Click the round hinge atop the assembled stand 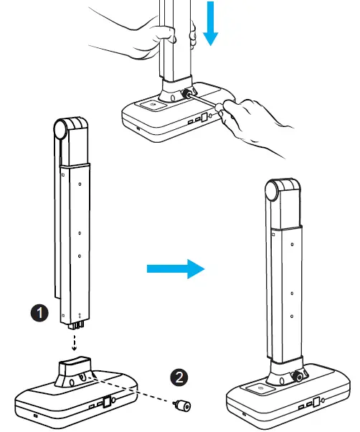click(x=276, y=192)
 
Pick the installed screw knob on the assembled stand click(x=300, y=376)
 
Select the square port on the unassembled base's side click(x=106, y=403)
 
